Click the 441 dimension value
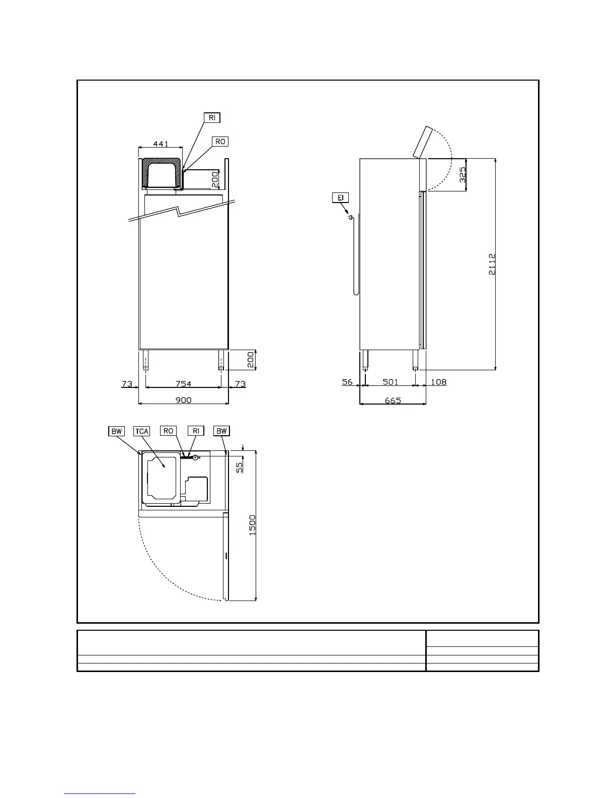161,144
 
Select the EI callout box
341,197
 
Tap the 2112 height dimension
492,264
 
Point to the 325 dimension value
463,175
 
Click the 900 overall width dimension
184,400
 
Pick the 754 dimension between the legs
184,384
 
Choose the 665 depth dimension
393,401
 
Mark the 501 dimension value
391,382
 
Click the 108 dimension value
439,382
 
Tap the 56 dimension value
347,382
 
